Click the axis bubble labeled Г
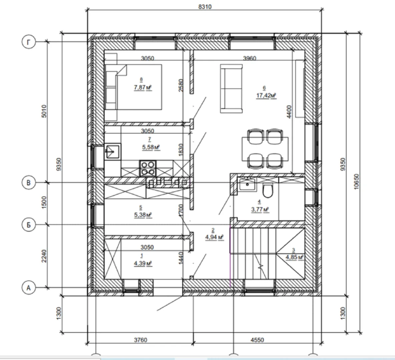point(28,42)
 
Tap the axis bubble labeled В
point(28,183)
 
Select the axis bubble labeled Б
point(28,225)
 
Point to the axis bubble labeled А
point(28,287)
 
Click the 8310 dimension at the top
point(205,7)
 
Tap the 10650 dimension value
point(356,182)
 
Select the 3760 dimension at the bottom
point(140,340)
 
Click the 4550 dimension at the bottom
point(257,340)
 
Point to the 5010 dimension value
point(44,111)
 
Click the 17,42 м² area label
point(266,96)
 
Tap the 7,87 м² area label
point(142,88)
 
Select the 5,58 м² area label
point(151,147)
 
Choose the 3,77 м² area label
point(260,209)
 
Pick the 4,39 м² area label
point(142,264)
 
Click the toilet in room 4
point(268,191)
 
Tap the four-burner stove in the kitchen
point(147,168)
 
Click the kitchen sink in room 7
point(113,151)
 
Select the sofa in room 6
point(231,89)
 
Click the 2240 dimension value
point(44,256)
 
